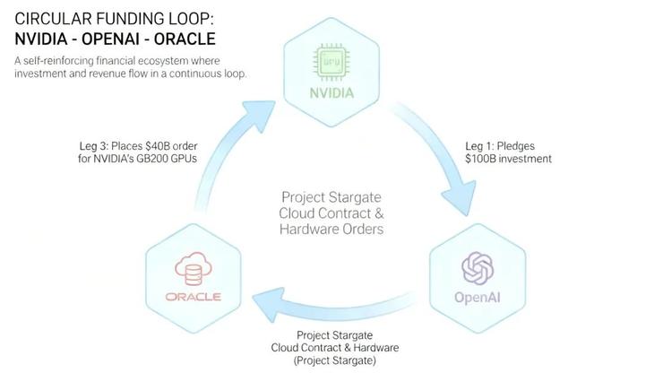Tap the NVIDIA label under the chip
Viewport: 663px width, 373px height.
point(331,92)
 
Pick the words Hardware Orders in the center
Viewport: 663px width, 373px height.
point(331,229)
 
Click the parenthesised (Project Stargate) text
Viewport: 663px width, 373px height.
point(332,360)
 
